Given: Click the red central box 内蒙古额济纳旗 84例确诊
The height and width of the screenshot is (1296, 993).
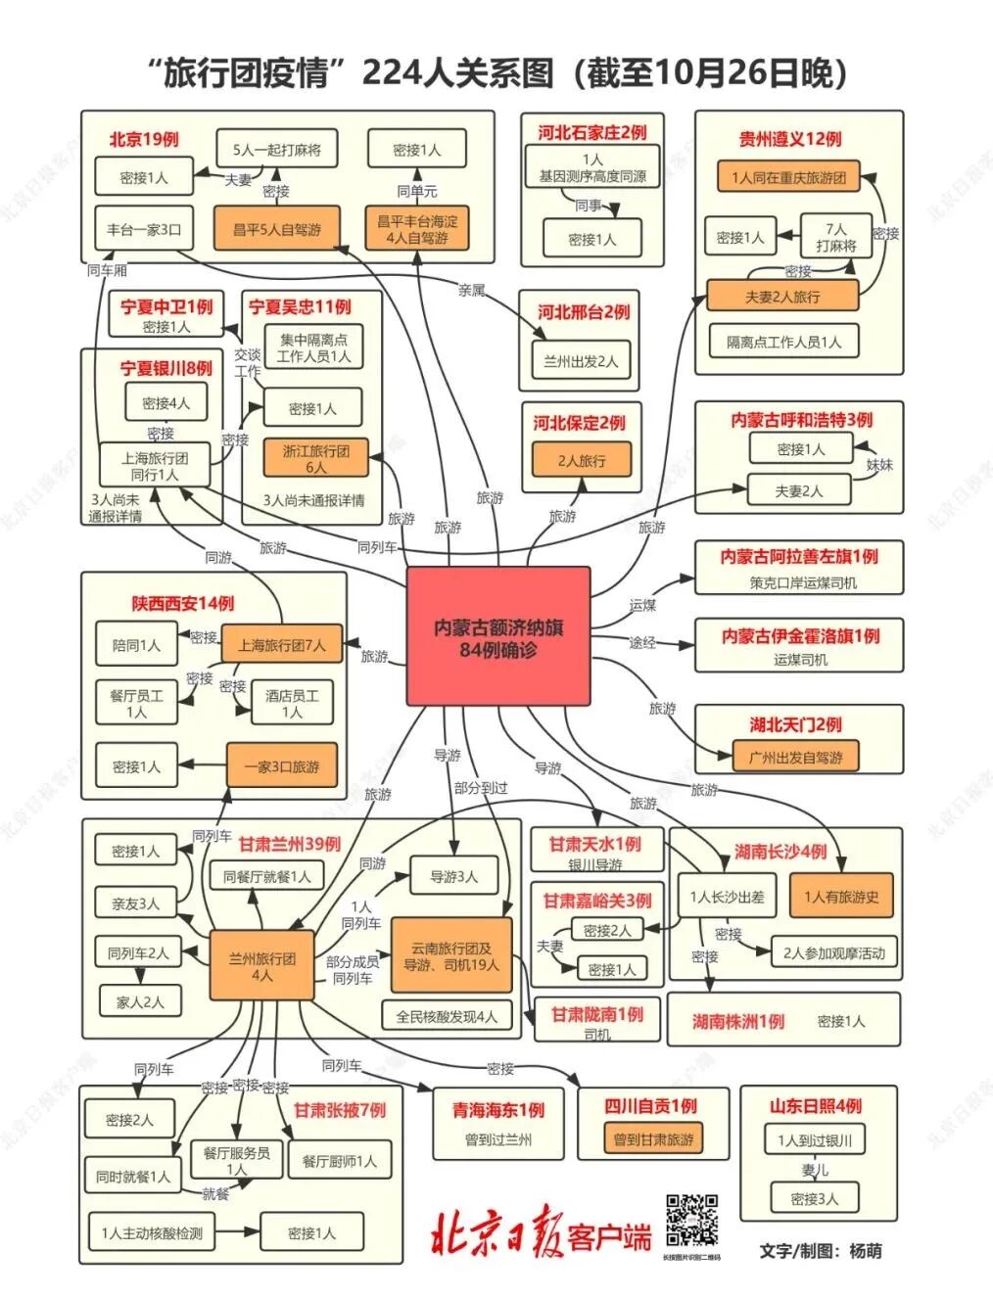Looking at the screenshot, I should coord(498,636).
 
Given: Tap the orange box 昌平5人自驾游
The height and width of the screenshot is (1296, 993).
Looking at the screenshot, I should coord(276,230).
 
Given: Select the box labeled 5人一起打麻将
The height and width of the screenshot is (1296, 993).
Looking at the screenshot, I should coord(276,150).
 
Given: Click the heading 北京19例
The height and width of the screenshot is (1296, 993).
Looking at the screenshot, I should coord(144,139).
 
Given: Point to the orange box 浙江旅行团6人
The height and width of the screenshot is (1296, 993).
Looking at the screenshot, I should coord(315,458).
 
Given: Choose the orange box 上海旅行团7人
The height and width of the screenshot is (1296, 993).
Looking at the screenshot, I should coord(282,645).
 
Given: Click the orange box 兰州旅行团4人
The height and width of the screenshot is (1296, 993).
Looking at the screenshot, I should coord(261,966).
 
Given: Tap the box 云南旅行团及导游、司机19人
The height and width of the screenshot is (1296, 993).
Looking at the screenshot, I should coord(450,956).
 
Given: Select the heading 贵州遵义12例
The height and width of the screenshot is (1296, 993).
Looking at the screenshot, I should coord(789,139).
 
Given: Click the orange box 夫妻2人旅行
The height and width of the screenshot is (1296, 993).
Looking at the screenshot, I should coord(782,296).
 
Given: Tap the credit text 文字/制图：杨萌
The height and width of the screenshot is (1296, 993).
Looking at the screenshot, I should coord(820,1250).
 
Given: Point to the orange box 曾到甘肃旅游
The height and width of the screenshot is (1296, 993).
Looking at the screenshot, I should coord(653,1139).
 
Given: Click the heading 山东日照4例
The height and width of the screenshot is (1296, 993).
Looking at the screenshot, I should coord(816,1106).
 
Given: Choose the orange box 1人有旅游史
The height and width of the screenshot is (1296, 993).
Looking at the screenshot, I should coord(841,896).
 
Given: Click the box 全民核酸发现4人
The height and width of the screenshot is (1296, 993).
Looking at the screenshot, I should coord(446,1016).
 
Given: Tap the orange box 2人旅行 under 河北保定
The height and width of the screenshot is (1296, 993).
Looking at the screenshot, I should coord(582,460).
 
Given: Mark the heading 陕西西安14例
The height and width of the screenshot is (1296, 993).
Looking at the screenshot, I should coord(183,604).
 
